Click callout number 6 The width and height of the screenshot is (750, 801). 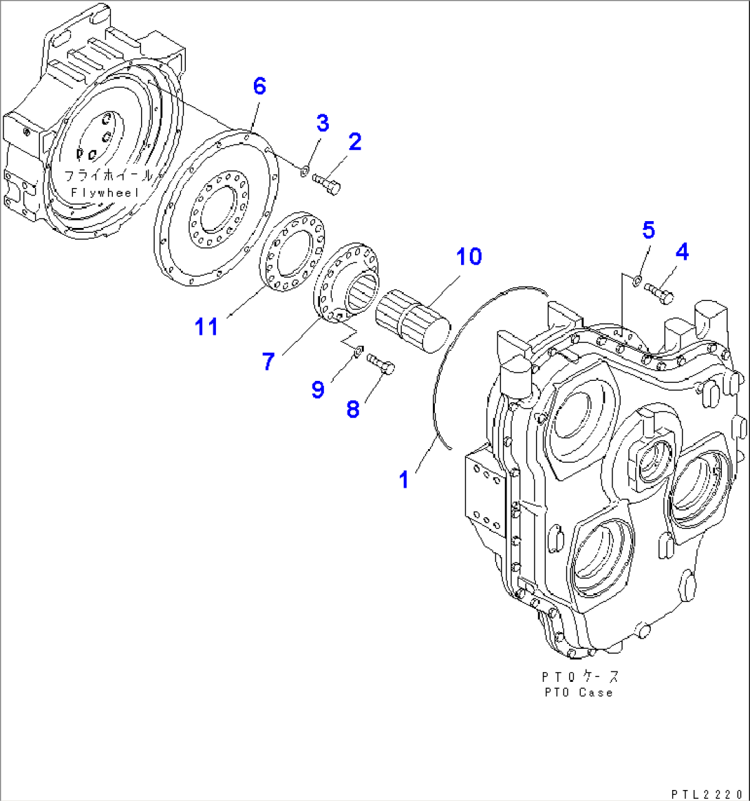[259, 87]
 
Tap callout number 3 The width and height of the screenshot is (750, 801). [322, 123]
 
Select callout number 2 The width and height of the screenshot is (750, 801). [354, 142]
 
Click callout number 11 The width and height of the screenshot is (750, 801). [206, 326]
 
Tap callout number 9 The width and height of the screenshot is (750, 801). [317, 390]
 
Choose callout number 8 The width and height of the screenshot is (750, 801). [352, 409]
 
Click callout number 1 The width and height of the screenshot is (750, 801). [405, 479]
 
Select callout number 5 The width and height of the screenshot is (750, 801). [649, 231]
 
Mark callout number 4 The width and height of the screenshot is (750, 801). [681, 253]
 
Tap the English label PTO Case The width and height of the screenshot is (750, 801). [577, 692]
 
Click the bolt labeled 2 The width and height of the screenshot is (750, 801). [327, 184]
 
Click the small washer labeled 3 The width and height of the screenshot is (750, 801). [306, 169]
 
